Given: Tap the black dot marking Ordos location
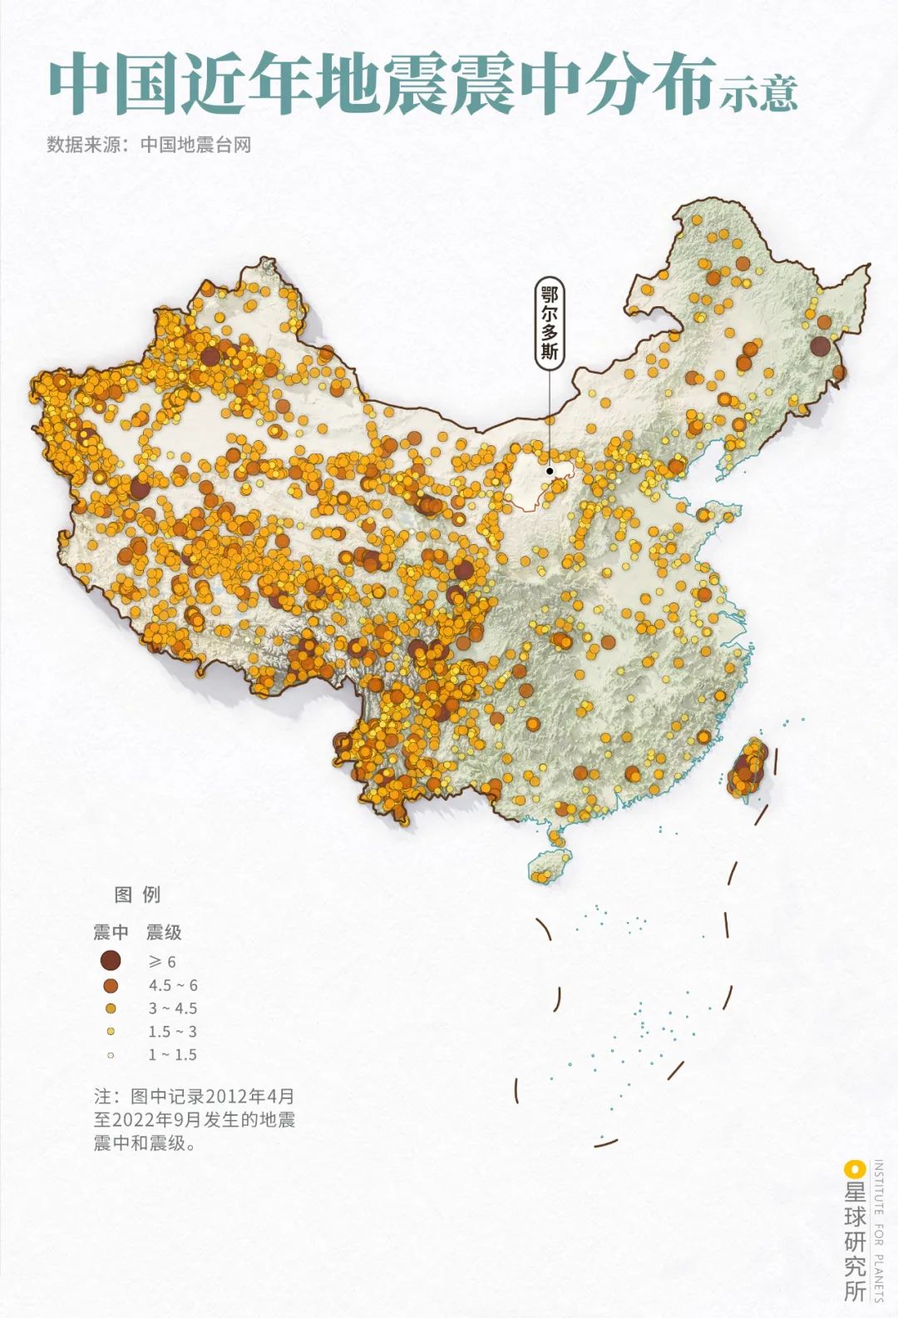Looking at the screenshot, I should (x=550, y=471).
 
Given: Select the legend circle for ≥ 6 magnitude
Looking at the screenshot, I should (x=111, y=961).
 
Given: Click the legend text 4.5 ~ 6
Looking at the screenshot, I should (x=173, y=985).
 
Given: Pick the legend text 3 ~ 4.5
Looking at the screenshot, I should (x=173, y=1008).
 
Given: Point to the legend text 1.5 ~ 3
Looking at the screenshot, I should (x=173, y=1032).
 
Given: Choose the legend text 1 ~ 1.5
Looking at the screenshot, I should (x=173, y=1055).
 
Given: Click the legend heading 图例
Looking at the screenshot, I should (x=137, y=895).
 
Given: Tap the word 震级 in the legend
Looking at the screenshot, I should (x=164, y=933).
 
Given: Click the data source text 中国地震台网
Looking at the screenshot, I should (x=195, y=145).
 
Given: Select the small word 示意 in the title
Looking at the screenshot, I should (x=759, y=93).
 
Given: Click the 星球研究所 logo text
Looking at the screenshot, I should (x=855, y=1240).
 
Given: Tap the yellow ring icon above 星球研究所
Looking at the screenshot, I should (x=855, y=1168).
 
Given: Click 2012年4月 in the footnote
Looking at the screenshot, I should (x=249, y=1096).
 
